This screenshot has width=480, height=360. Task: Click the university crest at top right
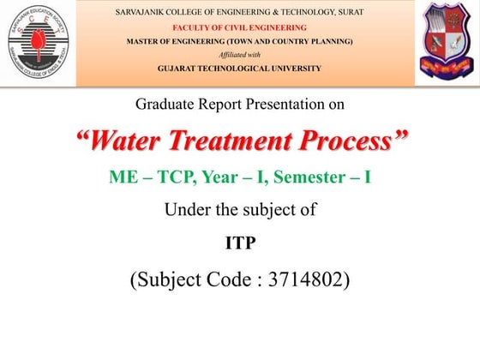[x=447, y=42]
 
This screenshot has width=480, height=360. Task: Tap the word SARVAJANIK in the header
[x=141, y=12]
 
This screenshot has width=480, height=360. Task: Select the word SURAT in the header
[x=348, y=12]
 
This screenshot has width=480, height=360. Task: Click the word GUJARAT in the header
[x=182, y=68]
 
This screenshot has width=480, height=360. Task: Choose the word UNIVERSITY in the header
[x=294, y=68]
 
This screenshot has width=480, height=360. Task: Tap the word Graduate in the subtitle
[x=165, y=105]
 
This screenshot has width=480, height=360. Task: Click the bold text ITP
[x=240, y=243]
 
